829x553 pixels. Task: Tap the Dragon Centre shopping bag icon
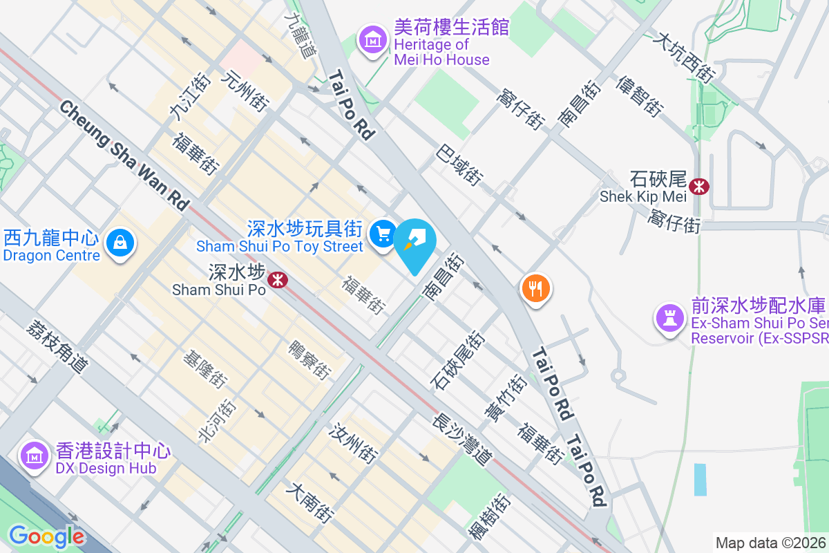[121, 243]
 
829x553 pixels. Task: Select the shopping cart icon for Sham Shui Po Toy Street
[382, 234]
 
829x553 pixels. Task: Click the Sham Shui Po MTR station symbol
[278, 279]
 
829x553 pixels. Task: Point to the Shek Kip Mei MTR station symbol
[699, 185]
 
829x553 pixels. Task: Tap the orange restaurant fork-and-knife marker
[536, 286]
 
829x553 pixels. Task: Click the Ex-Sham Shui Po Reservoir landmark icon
[669, 317]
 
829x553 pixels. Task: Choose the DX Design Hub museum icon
[33, 455]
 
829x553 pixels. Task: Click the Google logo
[46, 536]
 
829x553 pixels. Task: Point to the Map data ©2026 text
[770, 543]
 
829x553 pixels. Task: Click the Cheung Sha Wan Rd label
[124, 156]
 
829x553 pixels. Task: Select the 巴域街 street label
[459, 165]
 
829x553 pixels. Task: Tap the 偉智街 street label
[641, 95]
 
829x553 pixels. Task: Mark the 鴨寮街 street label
[309, 359]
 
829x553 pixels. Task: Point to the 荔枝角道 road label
[58, 346]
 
